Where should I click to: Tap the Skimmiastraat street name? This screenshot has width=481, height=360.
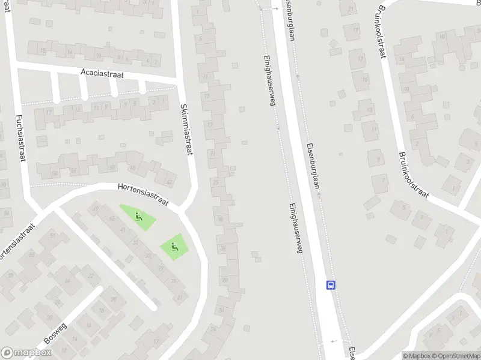coord(186,130)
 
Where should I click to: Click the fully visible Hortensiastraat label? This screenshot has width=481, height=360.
coord(143,194)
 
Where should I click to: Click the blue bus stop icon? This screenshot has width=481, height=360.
coord(331,285)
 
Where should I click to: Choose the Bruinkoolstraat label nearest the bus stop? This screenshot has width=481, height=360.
coord(412,175)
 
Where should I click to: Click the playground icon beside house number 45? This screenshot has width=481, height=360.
coord(139,217)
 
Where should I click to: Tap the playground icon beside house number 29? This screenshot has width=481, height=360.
coord(174,246)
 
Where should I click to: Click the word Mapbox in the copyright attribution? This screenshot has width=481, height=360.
coord(416,356)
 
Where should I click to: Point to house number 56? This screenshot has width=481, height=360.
coord(74,171)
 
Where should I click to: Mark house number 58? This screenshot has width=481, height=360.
coord(55,174)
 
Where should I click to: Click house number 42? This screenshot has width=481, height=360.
coord(169,182)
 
